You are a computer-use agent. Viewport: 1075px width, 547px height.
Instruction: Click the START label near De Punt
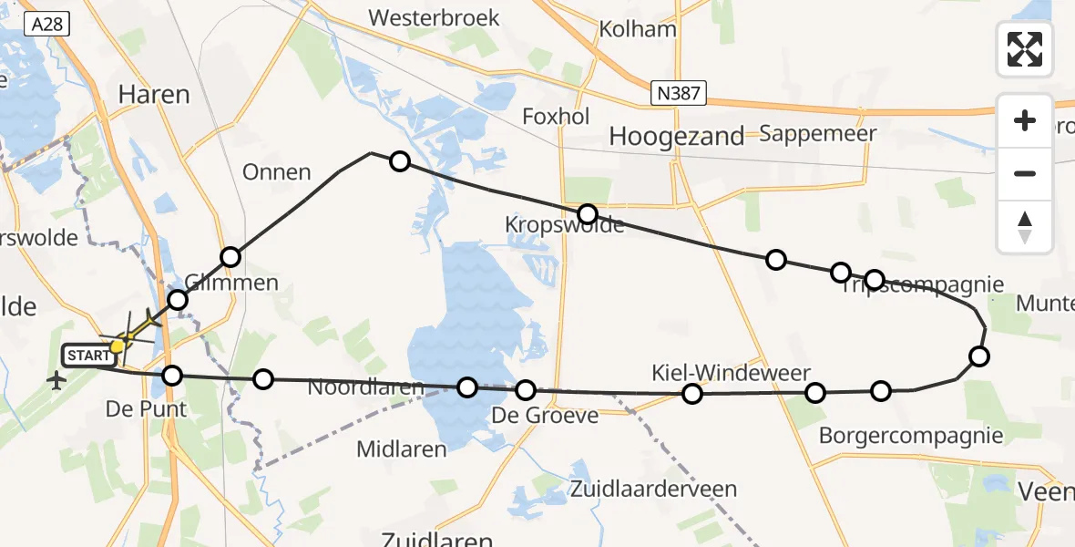[x=87, y=355]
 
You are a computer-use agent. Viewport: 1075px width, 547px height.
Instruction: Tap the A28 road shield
[x=46, y=24]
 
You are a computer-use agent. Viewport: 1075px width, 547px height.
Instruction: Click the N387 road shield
[x=679, y=93]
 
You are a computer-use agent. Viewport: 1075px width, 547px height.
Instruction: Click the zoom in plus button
[x=1025, y=121]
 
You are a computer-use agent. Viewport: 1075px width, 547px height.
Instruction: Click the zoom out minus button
[x=1025, y=173]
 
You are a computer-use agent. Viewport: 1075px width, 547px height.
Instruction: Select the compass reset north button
[x=1025, y=227]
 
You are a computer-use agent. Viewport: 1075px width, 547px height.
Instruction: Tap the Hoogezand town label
[x=677, y=137]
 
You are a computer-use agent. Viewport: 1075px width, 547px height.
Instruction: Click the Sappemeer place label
[x=817, y=133]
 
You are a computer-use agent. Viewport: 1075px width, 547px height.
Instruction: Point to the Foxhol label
[x=556, y=116]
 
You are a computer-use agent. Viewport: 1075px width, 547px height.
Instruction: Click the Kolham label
[x=638, y=29]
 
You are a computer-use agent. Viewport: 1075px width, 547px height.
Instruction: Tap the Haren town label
[x=155, y=94]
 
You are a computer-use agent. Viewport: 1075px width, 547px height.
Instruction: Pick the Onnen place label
[x=277, y=171]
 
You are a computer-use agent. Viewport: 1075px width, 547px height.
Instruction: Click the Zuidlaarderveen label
[x=653, y=489]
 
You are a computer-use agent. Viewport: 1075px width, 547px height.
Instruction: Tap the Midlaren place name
[x=402, y=449]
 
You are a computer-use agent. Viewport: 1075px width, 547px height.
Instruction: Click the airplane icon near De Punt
[x=57, y=380]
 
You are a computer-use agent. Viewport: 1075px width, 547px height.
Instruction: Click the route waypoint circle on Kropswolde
[x=588, y=214]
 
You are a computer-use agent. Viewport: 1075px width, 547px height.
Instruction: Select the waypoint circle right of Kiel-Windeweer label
[x=815, y=393]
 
